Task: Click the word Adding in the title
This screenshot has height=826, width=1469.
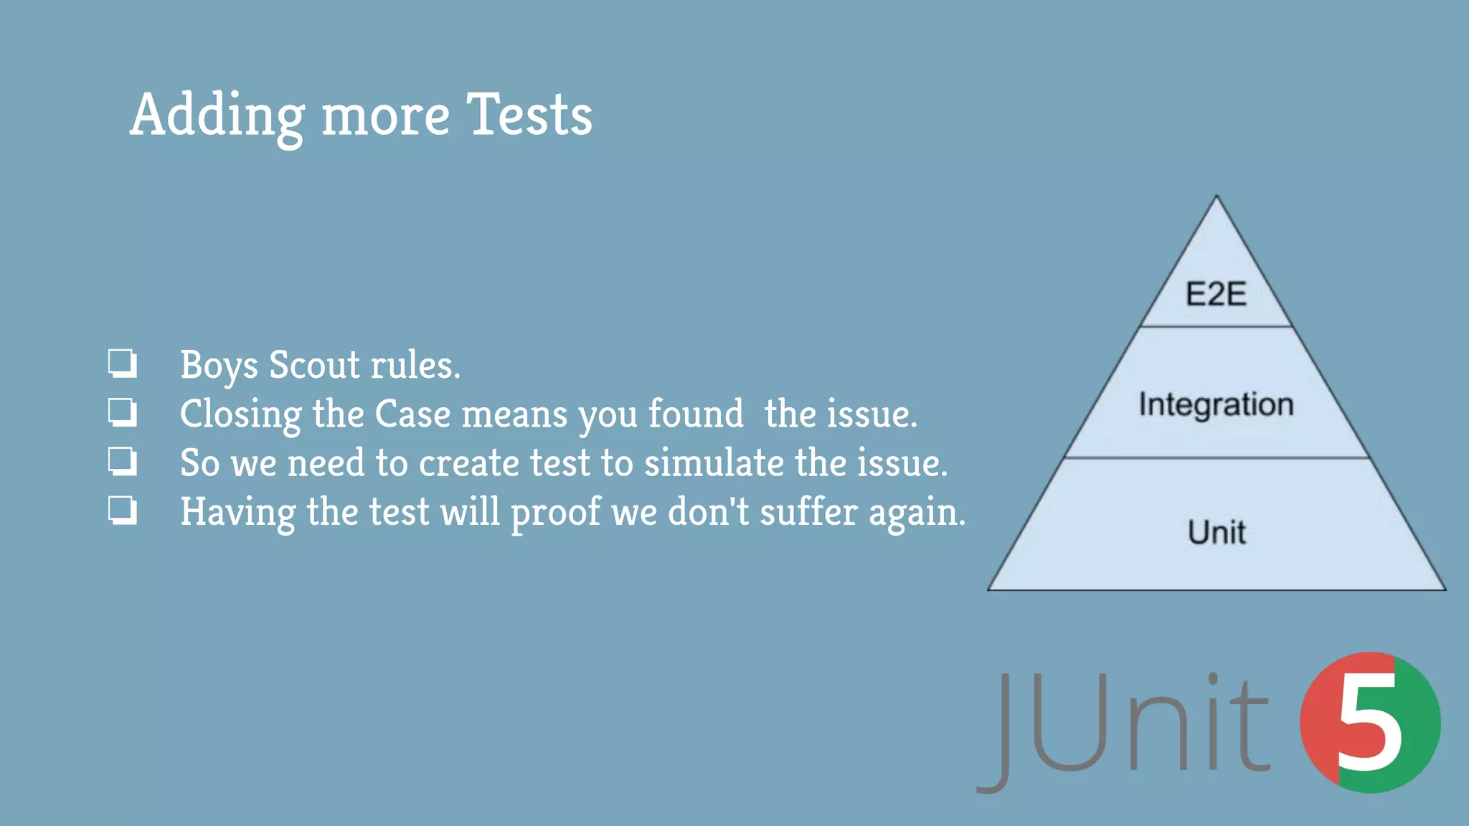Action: pos(217,115)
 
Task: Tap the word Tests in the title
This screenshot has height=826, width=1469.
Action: pos(529,115)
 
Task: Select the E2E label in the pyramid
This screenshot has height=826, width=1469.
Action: pos(1216,294)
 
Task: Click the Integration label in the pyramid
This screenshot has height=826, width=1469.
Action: pos(1217,404)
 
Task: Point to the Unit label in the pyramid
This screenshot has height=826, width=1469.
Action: pos(1217,532)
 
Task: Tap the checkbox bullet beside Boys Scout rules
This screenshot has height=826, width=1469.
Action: pos(122,363)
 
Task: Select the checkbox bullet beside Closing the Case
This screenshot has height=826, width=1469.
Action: pos(122,412)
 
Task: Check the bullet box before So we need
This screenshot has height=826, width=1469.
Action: pos(122,461)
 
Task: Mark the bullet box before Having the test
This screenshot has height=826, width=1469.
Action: pos(122,510)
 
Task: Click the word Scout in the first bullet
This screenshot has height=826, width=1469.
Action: pos(314,365)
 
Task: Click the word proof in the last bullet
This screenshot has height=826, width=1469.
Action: pos(556,513)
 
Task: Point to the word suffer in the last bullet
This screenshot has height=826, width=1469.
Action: pos(808,513)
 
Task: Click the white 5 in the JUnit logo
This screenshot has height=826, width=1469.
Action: pos(1369,724)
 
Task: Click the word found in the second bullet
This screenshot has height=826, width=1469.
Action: pos(696,414)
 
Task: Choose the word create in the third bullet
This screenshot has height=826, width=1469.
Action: pos(469,463)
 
